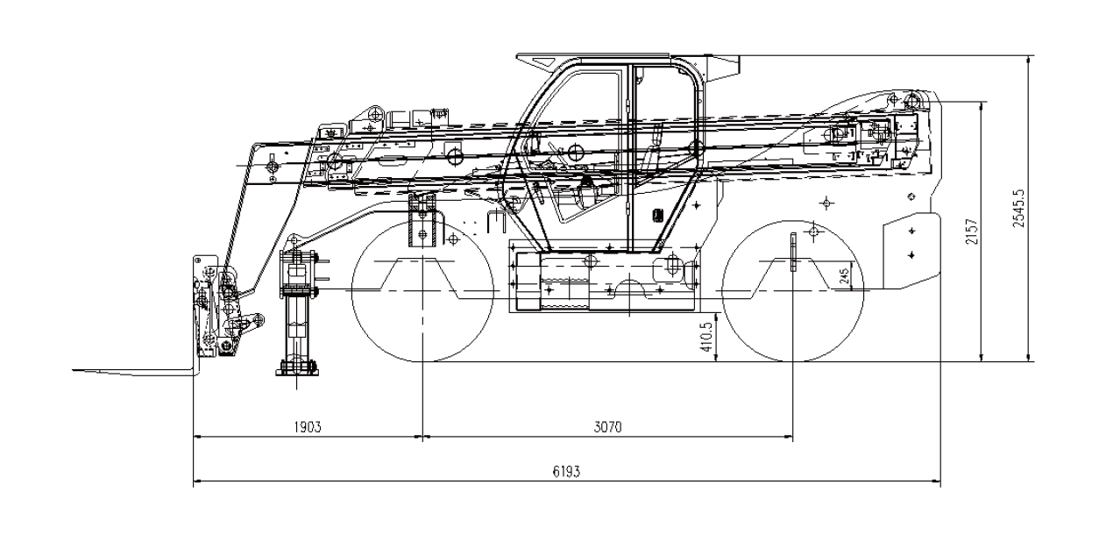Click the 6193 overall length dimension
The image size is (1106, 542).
[566, 471]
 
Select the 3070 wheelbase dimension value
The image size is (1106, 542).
[608, 427]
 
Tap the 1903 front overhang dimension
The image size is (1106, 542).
[308, 427]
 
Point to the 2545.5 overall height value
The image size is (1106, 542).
[1018, 208]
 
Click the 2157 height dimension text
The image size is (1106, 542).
[972, 232]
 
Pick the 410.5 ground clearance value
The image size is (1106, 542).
[707, 337]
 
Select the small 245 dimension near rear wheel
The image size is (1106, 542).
[845, 275]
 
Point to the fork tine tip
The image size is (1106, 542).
[74, 369]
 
